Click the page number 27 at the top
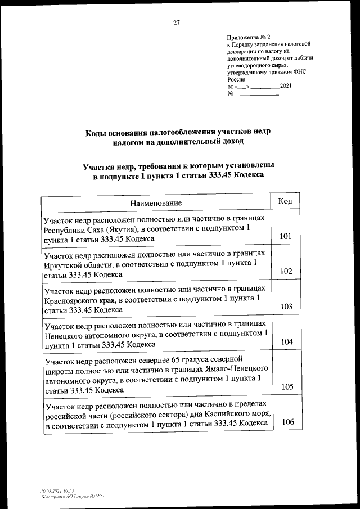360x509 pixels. pos(176,23)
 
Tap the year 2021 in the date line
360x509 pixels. pos(286,85)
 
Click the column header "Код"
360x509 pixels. pos(285,201)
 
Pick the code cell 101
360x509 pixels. pos(285,237)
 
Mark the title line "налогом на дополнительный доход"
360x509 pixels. pos(177,142)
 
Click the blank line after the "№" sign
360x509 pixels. pos(256,94)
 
